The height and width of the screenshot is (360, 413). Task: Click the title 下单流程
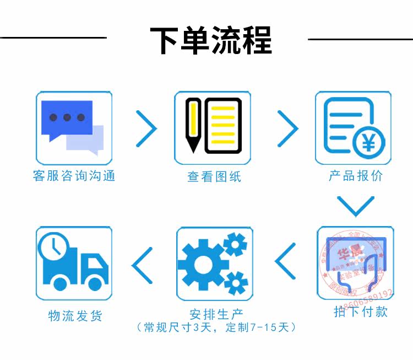click(x=211, y=39)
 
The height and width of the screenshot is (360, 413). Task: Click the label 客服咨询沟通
click(x=74, y=176)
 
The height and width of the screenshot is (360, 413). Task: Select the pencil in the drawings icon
click(x=193, y=125)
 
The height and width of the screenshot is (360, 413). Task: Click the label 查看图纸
click(x=214, y=176)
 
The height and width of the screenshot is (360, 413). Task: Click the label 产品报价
click(x=355, y=176)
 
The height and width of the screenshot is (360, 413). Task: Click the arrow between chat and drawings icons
click(x=146, y=128)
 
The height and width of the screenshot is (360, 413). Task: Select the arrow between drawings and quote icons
click(x=287, y=128)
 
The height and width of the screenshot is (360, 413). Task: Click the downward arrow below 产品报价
click(x=355, y=205)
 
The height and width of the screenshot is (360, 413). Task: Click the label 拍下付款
click(x=361, y=311)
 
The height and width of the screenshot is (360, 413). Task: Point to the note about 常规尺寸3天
click(x=216, y=327)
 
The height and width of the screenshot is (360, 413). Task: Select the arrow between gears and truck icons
click(x=143, y=264)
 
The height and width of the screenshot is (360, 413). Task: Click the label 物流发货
click(x=75, y=315)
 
